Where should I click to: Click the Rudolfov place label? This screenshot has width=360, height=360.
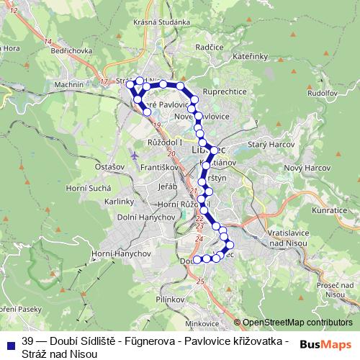click(323, 93)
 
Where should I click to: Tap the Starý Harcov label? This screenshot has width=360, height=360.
click(266, 145)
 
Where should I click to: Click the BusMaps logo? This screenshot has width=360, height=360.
click(326, 344)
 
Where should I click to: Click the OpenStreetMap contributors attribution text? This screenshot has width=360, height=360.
click(297, 323)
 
